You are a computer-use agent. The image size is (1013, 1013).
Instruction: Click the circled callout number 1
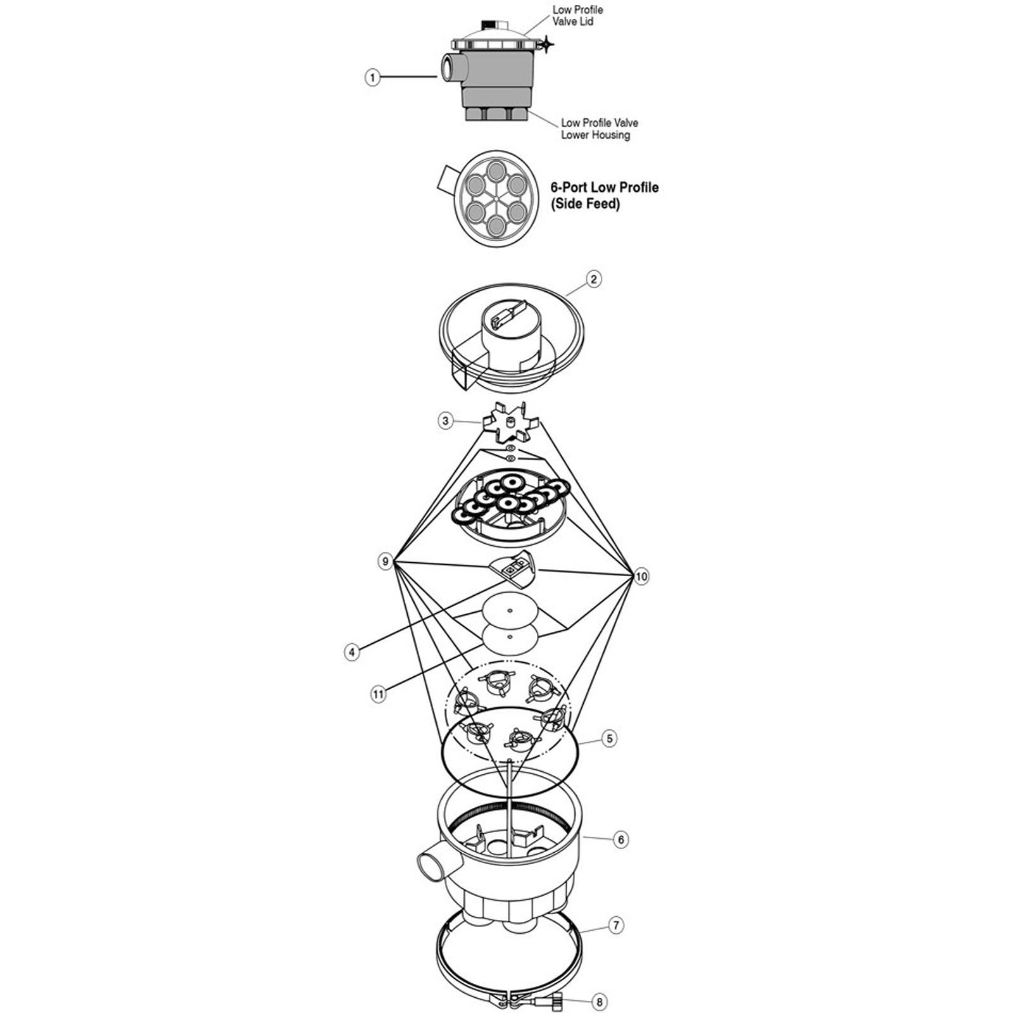click(373, 78)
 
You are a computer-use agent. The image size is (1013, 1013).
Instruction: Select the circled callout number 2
click(593, 279)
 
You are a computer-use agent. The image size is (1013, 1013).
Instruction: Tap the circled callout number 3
click(446, 420)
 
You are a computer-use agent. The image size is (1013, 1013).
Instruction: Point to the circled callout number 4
click(352, 651)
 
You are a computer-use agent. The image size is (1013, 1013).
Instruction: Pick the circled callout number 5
click(609, 738)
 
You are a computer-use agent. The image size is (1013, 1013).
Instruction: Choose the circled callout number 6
click(621, 840)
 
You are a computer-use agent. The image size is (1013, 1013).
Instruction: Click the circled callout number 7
click(616, 925)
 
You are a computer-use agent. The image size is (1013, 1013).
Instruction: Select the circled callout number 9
click(385, 562)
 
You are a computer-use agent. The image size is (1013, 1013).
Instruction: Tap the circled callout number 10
click(641, 576)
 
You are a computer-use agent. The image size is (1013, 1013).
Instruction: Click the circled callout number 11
click(378, 694)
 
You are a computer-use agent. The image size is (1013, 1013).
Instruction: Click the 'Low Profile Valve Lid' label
click(577, 16)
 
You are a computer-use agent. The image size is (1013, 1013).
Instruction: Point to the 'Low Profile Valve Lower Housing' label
click(599, 129)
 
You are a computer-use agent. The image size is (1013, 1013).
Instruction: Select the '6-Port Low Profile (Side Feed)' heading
click(604, 195)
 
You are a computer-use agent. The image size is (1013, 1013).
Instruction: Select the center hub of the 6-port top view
click(496, 199)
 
